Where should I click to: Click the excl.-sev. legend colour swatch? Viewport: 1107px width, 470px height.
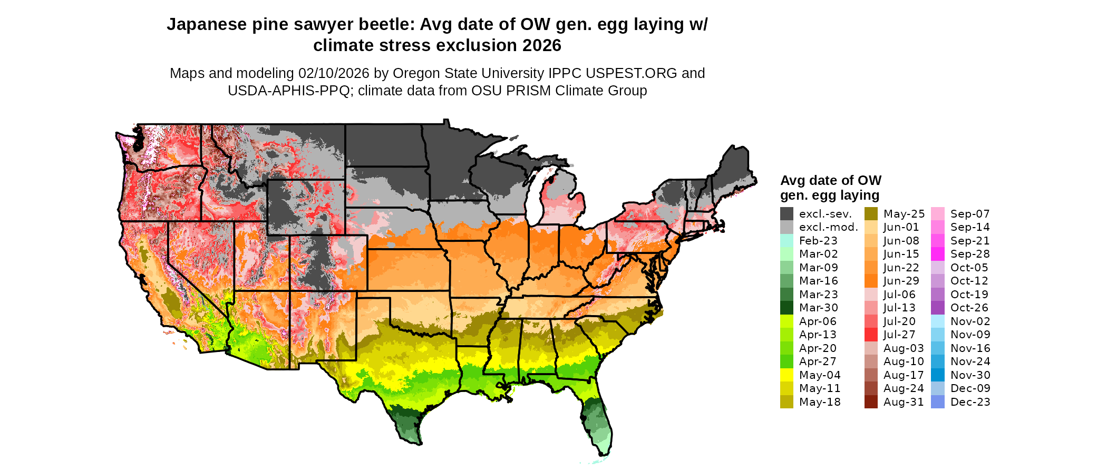coord(786,214)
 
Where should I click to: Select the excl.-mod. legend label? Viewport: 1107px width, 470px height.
coord(828,227)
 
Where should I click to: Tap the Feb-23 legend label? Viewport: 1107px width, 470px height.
coord(818,241)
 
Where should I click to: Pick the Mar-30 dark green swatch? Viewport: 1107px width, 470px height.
coord(786,308)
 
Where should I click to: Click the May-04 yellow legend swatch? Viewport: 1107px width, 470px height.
coord(786,375)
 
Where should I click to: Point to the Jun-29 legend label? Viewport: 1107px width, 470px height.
coord(901,281)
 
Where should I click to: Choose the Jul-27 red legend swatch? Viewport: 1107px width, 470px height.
coord(871,335)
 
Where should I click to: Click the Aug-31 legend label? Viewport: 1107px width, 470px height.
coord(904,402)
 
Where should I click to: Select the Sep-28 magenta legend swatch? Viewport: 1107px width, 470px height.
coord(938,254)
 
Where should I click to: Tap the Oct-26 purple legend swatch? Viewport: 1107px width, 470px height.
coord(938,308)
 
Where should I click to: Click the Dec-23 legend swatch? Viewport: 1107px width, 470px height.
coord(938,402)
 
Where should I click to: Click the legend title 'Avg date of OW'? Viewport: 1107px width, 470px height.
coord(830,181)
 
